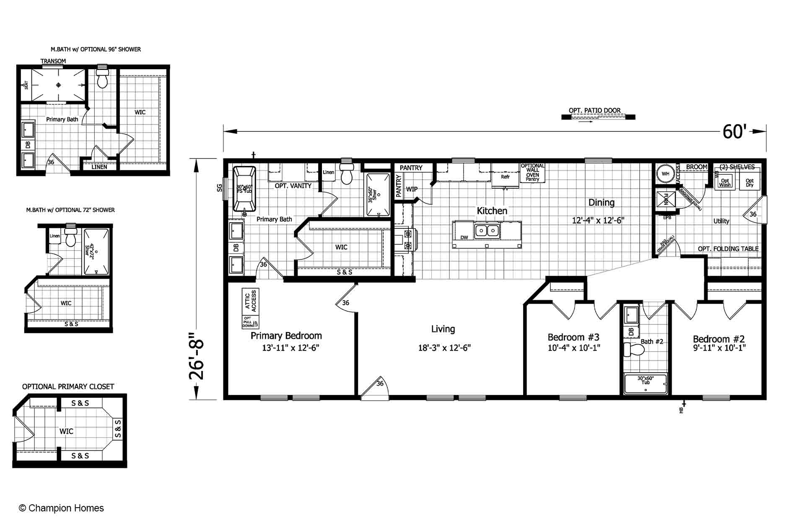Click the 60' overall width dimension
[x=734, y=132]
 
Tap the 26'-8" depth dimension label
[x=196, y=356]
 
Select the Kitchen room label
[x=492, y=211]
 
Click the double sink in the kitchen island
[x=487, y=231]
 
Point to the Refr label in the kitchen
[x=505, y=177]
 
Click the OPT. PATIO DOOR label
[x=594, y=111]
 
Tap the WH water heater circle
[x=665, y=174]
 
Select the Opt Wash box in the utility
[x=725, y=183]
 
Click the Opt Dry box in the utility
[x=750, y=183]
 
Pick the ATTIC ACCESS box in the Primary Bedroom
[x=251, y=301]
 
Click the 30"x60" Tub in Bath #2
[x=646, y=384]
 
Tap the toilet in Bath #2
[x=633, y=350]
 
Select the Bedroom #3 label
[x=573, y=337]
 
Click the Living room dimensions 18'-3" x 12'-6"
[x=444, y=348]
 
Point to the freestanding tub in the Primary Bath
[x=244, y=189]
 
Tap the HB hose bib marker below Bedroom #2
[x=683, y=407]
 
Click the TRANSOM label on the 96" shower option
[x=53, y=61]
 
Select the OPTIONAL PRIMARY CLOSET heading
[x=68, y=387]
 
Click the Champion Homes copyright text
[x=61, y=508]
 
